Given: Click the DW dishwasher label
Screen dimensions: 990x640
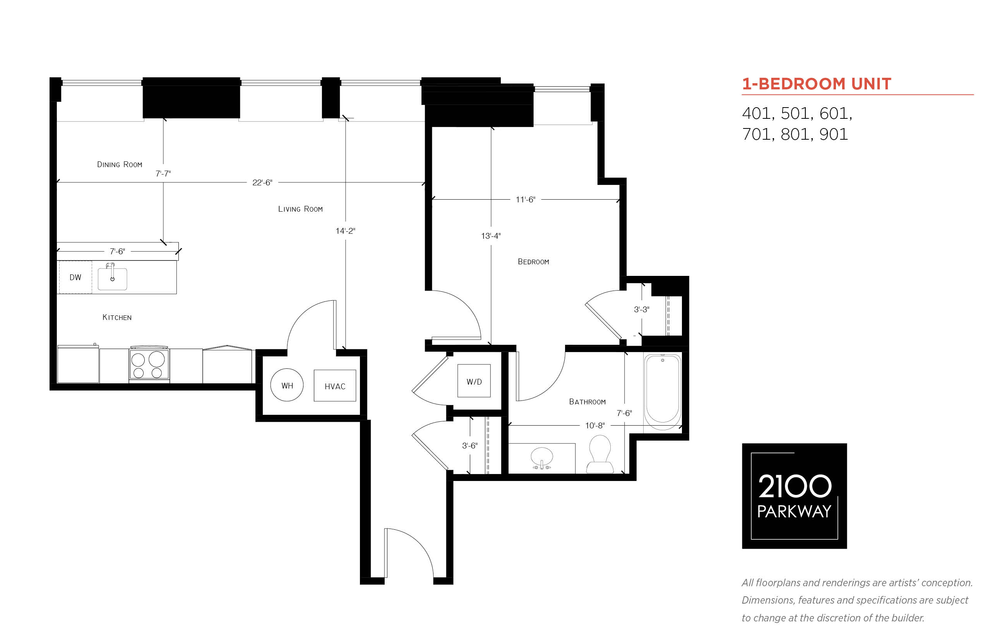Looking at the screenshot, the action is (x=75, y=277).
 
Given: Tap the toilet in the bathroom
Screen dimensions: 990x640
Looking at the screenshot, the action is (x=600, y=454).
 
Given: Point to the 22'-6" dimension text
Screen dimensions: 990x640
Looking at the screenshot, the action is (x=262, y=182).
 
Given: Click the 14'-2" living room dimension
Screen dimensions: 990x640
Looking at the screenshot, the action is (x=345, y=231).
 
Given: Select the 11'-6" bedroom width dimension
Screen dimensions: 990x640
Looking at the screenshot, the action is (x=525, y=200).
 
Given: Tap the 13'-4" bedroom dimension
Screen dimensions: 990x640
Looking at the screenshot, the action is (x=491, y=236).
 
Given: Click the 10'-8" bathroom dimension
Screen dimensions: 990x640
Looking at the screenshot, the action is (x=595, y=426).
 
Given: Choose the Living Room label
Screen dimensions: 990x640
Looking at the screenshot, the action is (x=300, y=209).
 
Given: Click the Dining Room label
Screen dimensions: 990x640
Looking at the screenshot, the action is (x=120, y=164).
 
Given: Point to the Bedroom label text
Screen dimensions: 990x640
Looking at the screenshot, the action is (x=533, y=262).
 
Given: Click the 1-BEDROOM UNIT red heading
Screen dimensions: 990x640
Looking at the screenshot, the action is (x=817, y=84).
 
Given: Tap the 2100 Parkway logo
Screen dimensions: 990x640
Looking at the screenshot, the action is (x=794, y=496).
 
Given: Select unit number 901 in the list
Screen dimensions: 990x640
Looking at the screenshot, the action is (x=833, y=134).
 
